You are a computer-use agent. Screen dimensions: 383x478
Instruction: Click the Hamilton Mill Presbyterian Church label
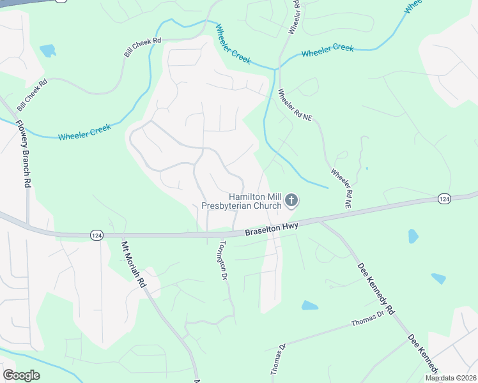pos(242,201)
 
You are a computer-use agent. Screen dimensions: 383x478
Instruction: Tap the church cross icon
pos(291,201)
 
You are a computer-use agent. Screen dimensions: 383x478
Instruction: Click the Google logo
pos(21,375)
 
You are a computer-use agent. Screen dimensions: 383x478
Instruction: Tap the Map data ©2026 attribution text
pos(450,378)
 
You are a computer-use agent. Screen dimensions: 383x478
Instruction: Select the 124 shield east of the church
pos(444,199)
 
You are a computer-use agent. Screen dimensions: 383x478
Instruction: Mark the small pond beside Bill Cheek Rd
pos(48,50)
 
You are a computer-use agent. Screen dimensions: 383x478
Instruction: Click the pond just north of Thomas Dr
pos(309,305)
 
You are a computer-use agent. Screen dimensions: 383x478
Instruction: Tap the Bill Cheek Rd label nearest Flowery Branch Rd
pos(33,93)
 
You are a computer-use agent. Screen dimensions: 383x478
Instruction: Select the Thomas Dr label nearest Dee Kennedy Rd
pos(367,319)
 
